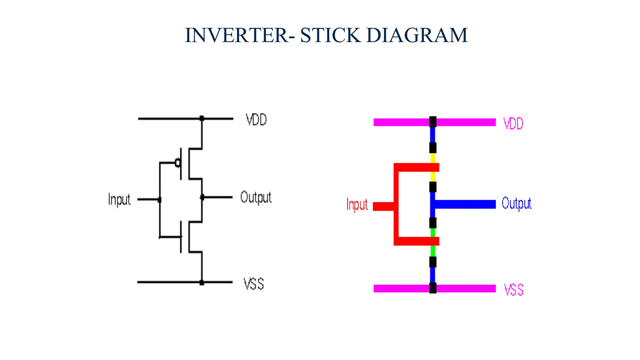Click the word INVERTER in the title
(x=237, y=35)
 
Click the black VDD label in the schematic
(x=256, y=120)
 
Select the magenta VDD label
(x=513, y=124)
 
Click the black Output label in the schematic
(x=256, y=197)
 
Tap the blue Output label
(x=516, y=203)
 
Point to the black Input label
(x=119, y=199)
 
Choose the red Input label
(x=357, y=205)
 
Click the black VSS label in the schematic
(x=253, y=284)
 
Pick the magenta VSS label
(x=513, y=290)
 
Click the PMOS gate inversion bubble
(x=177, y=163)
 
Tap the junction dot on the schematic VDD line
(x=202, y=118)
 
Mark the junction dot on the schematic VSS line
(x=202, y=282)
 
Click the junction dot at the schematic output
(x=202, y=197)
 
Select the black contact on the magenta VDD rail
(x=433, y=122)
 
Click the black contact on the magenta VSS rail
(x=433, y=288)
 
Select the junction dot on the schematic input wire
(x=160, y=200)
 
